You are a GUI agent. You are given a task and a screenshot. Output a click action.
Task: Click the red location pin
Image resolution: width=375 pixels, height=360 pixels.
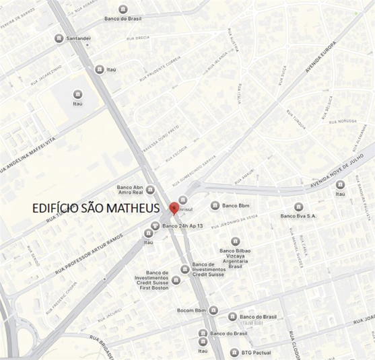point(174,208)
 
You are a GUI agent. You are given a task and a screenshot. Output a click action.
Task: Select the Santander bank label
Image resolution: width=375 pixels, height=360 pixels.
point(79,38)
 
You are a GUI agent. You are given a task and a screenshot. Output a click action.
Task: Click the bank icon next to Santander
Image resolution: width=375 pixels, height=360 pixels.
point(59,38)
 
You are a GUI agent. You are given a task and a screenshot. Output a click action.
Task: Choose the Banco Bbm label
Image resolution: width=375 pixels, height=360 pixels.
point(236,205)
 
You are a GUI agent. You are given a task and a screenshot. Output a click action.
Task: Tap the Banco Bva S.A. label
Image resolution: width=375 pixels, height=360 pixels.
point(316,216)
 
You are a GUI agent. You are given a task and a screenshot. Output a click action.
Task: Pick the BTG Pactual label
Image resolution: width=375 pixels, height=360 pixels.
point(256,352)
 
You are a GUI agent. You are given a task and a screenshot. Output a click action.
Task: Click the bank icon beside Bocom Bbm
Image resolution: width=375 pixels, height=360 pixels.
point(213,310)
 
